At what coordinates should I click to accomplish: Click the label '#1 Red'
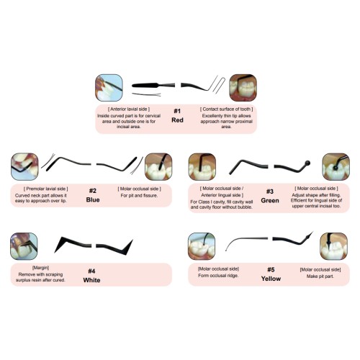coord(177,115)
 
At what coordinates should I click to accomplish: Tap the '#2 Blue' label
coord(93,195)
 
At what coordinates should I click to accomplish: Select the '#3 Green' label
coord(270,196)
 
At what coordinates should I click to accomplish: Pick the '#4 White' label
coord(91,276)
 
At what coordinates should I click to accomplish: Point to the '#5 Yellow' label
coord(271,274)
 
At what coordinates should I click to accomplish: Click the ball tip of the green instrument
coord(307,163)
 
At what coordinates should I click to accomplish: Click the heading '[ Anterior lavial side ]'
coord(129,109)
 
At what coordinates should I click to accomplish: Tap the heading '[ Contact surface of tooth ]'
coord(227,109)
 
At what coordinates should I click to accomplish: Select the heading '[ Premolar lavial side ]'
coord(46,189)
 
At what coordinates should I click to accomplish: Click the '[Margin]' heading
coord(40,268)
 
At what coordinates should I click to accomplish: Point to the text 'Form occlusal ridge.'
coord(218,276)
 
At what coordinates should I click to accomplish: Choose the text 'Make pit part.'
coord(320,276)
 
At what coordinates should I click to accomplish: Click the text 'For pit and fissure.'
coord(139,196)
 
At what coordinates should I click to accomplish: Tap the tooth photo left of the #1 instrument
coord(109,88)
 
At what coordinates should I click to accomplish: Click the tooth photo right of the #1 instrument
coord(243,88)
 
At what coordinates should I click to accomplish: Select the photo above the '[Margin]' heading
coord(24,246)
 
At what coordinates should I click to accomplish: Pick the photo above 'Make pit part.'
coord(334,246)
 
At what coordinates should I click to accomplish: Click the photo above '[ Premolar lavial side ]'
coord(24,166)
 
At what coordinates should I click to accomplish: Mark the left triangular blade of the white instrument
coord(61,243)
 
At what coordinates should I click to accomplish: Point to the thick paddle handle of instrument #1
coord(145,85)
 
